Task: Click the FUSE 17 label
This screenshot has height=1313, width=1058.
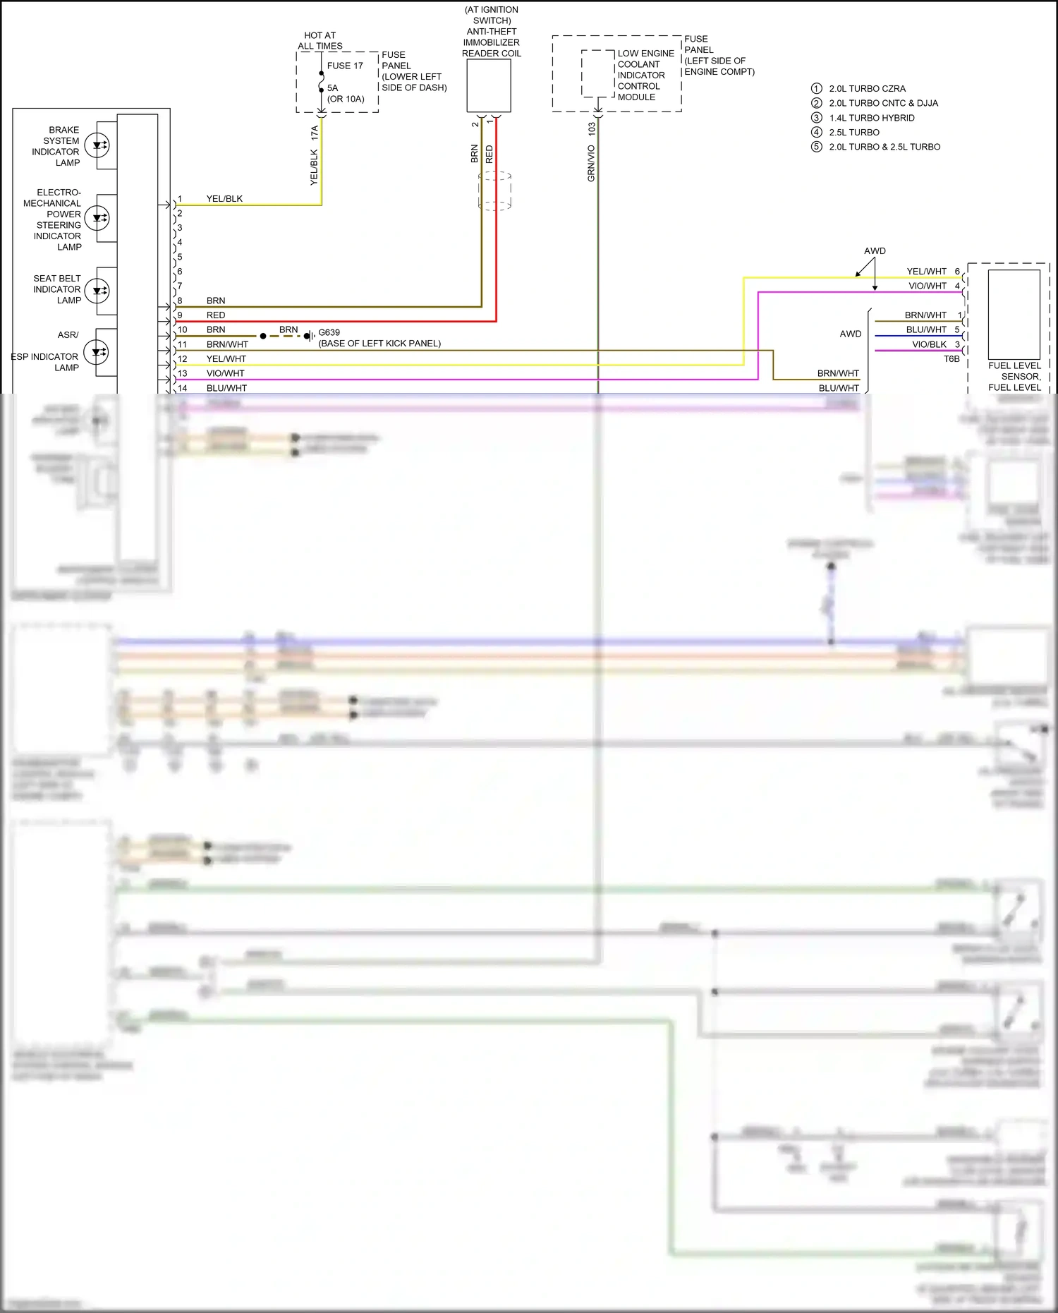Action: pyautogui.click(x=345, y=66)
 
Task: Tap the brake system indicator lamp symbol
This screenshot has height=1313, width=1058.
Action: pyautogui.click(x=97, y=145)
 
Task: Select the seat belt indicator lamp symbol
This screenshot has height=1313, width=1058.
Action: pyautogui.click(x=97, y=290)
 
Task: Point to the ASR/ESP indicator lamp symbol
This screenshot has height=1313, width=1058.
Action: pyautogui.click(x=96, y=351)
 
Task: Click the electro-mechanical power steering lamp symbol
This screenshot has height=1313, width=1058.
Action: pyautogui.click(x=97, y=218)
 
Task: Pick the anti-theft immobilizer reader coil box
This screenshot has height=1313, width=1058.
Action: pyautogui.click(x=489, y=85)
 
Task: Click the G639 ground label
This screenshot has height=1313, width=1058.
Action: pyautogui.click(x=329, y=332)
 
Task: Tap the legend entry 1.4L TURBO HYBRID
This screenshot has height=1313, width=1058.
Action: pyautogui.click(x=872, y=118)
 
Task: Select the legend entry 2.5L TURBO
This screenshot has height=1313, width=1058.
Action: pyautogui.click(x=854, y=133)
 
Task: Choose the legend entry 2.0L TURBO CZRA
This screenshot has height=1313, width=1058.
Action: pyautogui.click(x=867, y=89)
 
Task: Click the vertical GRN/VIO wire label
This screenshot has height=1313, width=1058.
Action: pyautogui.click(x=591, y=164)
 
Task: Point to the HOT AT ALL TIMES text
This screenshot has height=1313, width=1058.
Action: pyautogui.click(x=320, y=41)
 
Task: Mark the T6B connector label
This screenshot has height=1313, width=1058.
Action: pyautogui.click(x=951, y=359)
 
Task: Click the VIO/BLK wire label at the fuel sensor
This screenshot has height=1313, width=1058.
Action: pyautogui.click(x=929, y=344)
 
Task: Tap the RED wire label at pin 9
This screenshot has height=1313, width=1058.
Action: pyautogui.click(x=216, y=315)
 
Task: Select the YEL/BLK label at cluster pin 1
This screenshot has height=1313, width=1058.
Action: pyautogui.click(x=224, y=199)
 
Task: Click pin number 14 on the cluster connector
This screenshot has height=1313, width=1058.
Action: pyautogui.click(x=183, y=388)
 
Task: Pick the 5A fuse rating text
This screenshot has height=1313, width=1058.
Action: pyautogui.click(x=333, y=88)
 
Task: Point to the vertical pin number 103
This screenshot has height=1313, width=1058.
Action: pyautogui.click(x=592, y=129)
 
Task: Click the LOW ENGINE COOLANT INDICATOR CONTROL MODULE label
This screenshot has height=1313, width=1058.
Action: pyautogui.click(x=645, y=75)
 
